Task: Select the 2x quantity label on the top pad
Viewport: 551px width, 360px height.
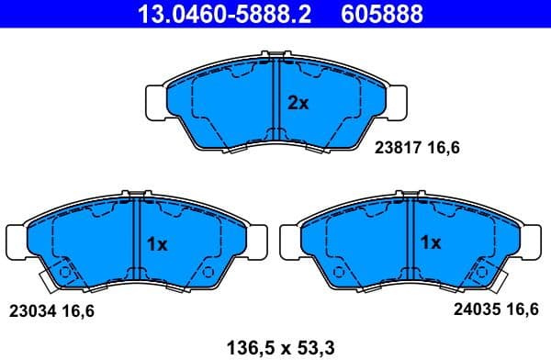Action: click(298, 104)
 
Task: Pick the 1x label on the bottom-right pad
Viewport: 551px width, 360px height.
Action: click(431, 243)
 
